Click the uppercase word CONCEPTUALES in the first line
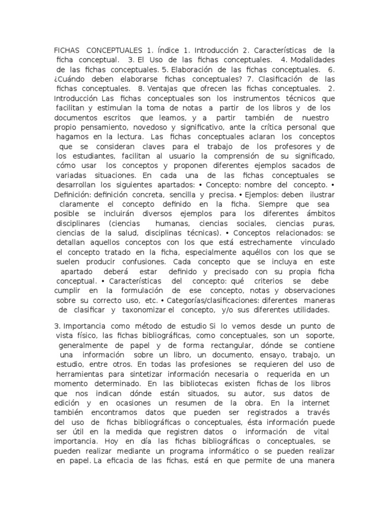[x=114, y=51]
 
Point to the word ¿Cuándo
[x=71, y=79]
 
